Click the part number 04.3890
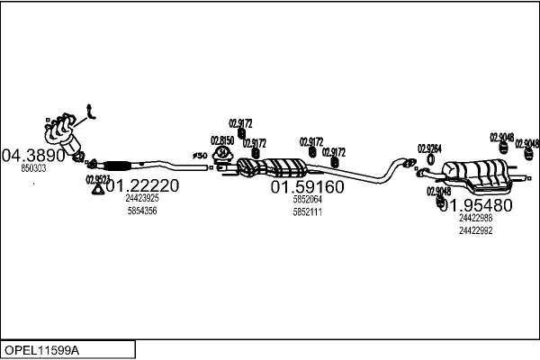(x=34, y=155)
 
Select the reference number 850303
(x=34, y=168)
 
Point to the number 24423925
(x=142, y=198)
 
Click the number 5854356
(x=142, y=211)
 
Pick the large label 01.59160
(x=307, y=187)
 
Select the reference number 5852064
(x=307, y=200)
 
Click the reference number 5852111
(x=307, y=211)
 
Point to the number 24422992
(x=475, y=229)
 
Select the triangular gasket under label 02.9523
(x=97, y=188)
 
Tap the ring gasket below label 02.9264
(x=429, y=161)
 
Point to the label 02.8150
(x=222, y=140)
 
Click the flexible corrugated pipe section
(x=116, y=165)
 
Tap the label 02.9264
(x=429, y=148)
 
